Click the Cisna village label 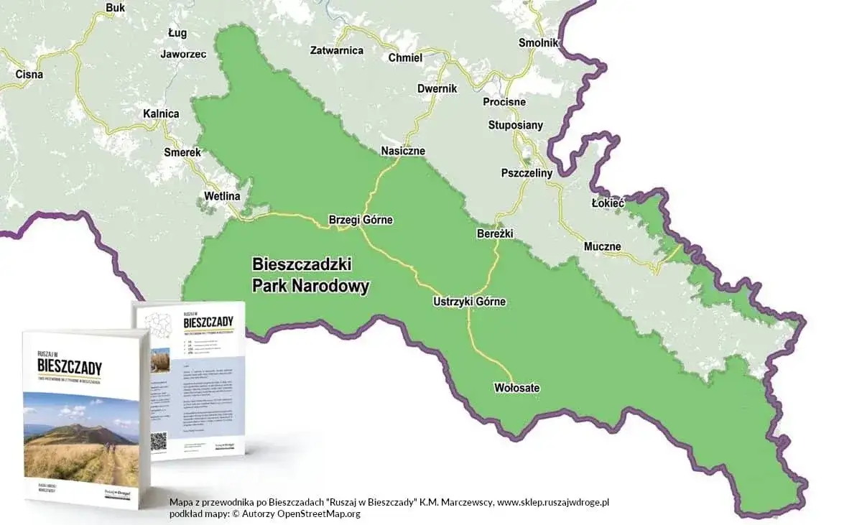[29, 74]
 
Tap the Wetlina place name [222, 196]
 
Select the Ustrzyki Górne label [470, 302]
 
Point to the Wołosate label [517, 388]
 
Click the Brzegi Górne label [361, 220]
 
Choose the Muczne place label [602, 246]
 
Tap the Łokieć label [608, 203]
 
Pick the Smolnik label [539, 43]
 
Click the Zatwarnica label [337, 50]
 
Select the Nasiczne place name [403, 151]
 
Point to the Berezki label [494, 234]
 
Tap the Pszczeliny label [527, 173]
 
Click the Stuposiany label [516, 125]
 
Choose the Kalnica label [161, 113]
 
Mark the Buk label [115, 8]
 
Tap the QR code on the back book [159, 440]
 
